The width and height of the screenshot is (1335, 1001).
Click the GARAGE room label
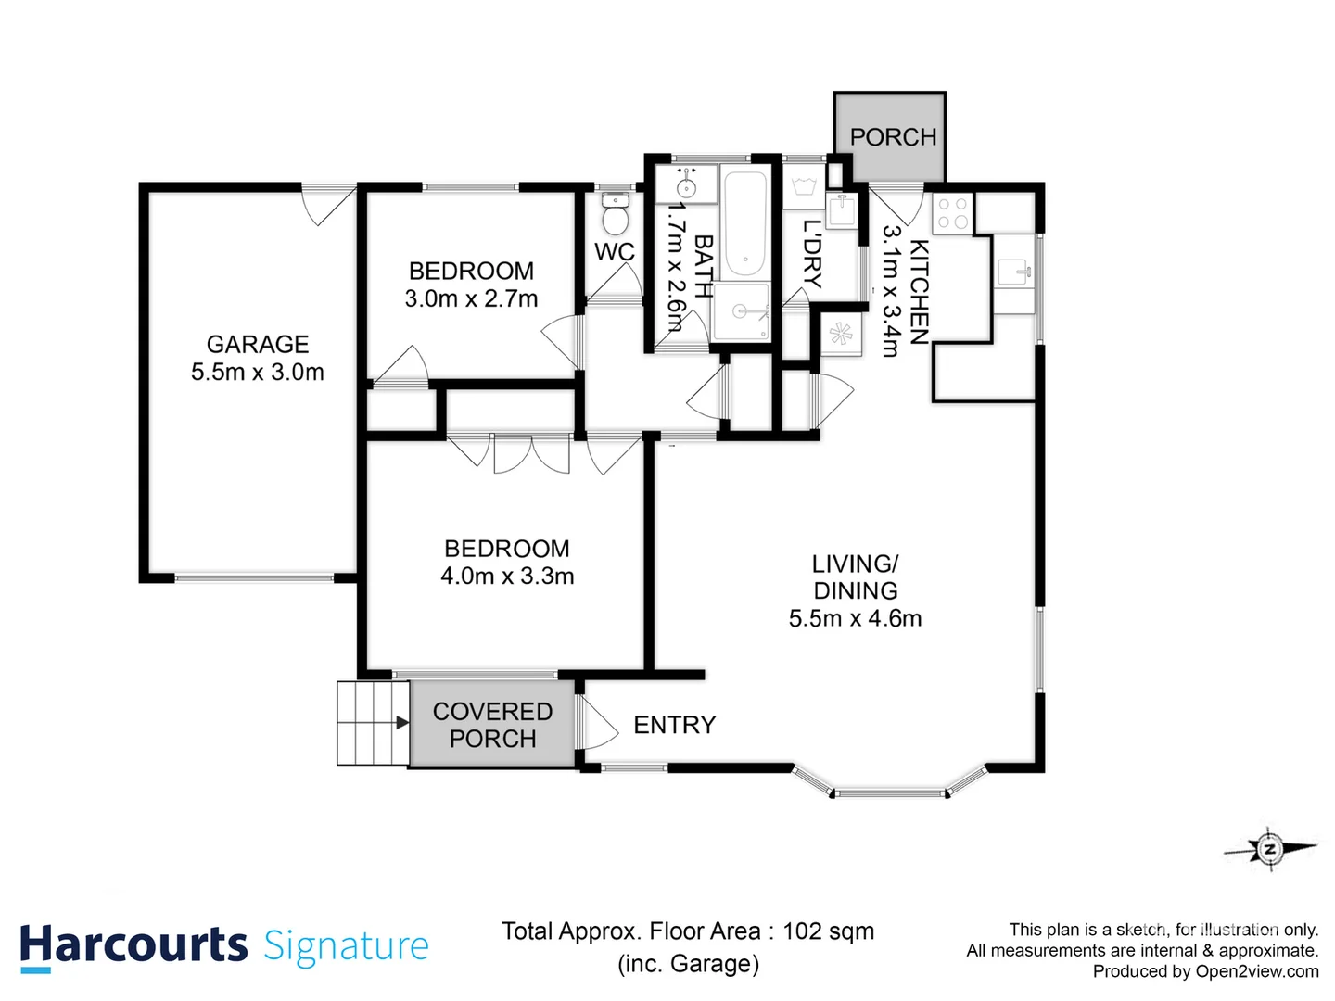[257, 344]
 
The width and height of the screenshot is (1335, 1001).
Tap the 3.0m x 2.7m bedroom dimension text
[471, 298]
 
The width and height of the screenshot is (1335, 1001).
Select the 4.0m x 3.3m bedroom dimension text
[507, 576]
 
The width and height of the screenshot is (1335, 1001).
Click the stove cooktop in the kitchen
[951, 213]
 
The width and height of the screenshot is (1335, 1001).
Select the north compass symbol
[1269, 848]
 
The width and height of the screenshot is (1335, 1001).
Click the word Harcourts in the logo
[133, 945]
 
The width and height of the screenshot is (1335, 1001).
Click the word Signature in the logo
[346, 945]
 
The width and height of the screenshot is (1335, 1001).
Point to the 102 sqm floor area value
[828, 931]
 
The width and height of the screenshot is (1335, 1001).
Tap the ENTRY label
[674, 725]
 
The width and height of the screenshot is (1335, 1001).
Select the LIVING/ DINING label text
[855, 577]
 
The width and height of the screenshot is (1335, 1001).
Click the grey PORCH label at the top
[893, 137]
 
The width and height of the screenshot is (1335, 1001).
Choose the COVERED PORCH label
[492, 725]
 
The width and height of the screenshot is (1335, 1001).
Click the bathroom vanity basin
[686, 184]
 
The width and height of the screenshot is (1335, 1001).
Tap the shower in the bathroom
[741, 311]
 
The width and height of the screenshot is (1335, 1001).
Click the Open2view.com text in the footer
[1256, 971]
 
